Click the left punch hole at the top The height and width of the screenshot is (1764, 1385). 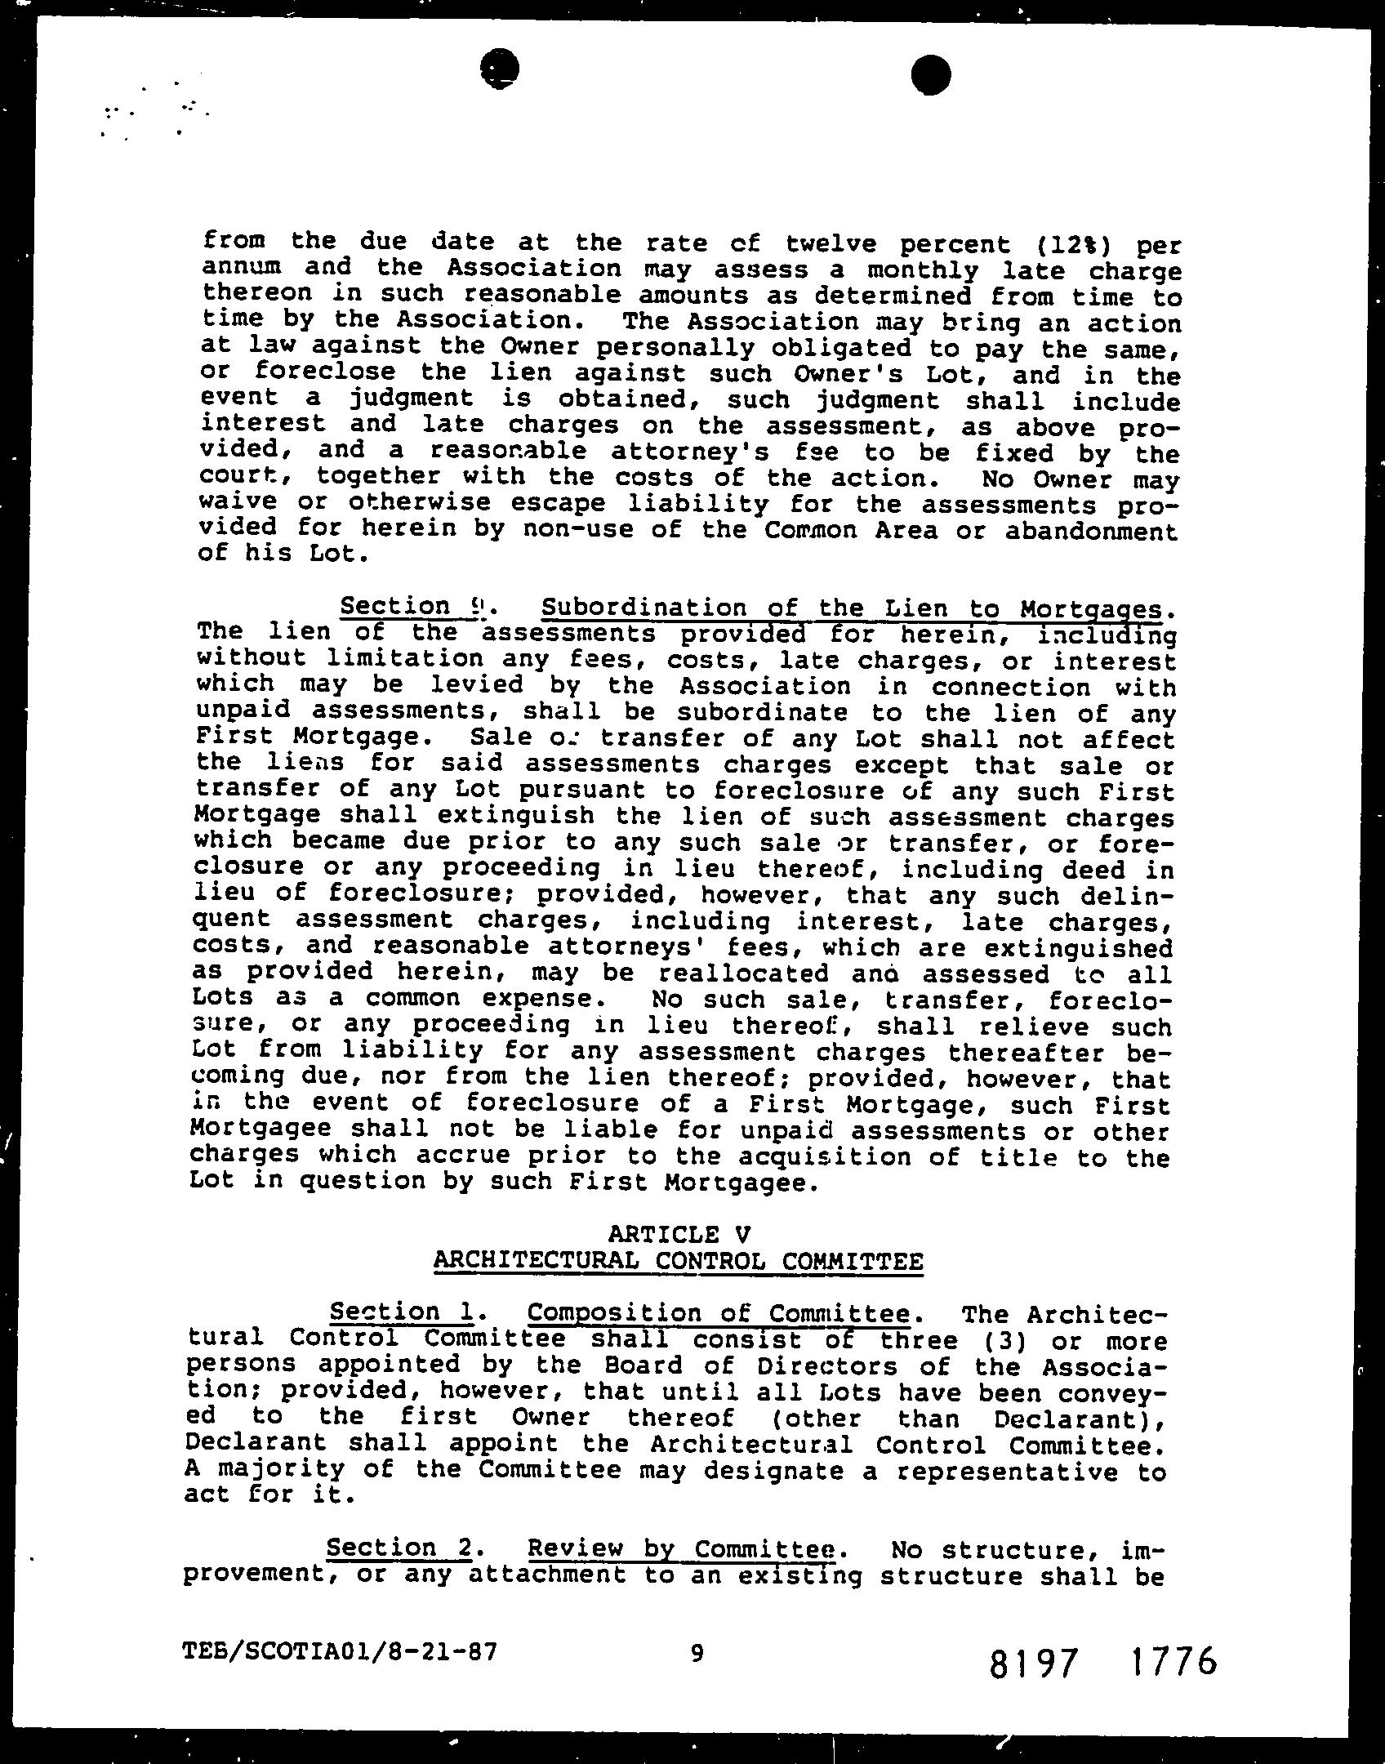click(500, 69)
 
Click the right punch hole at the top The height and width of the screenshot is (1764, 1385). click(930, 74)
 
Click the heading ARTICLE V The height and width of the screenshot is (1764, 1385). click(679, 1233)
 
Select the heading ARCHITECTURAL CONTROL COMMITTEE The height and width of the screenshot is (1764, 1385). click(678, 1260)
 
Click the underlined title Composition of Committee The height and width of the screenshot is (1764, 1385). click(719, 1313)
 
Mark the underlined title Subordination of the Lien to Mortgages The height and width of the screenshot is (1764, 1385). click(851, 608)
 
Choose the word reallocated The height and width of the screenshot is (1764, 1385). click(743, 973)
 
